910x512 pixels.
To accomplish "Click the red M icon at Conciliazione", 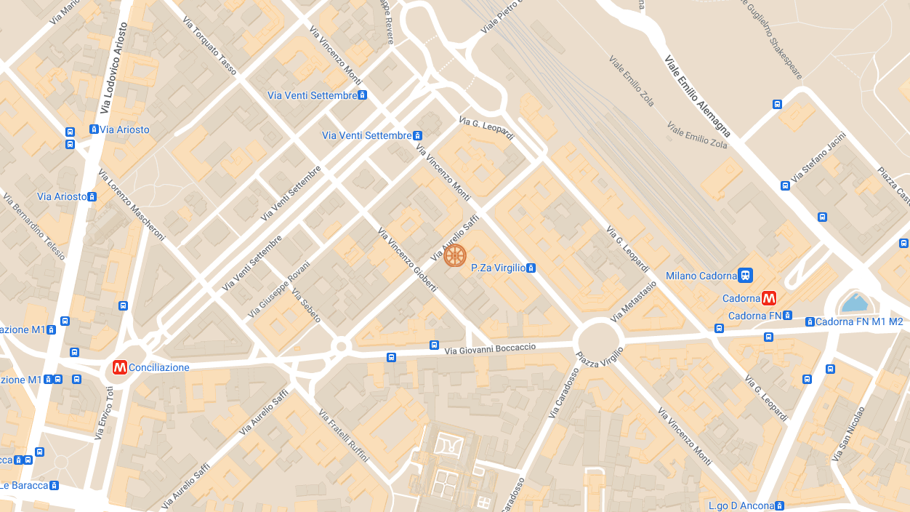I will click(120, 368).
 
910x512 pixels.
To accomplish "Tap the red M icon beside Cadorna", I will click(769, 298).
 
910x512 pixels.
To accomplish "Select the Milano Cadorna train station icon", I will click(745, 276).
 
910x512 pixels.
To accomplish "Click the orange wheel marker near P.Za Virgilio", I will click(455, 255).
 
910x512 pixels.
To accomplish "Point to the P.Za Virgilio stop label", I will click(498, 268).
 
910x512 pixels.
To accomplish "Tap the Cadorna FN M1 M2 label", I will click(858, 321).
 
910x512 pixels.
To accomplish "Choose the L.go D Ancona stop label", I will click(741, 505).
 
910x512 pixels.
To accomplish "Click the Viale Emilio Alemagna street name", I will click(698, 95).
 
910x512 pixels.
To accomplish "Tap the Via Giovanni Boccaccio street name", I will click(491, 350).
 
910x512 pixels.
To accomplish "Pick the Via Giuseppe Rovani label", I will click(278, 289).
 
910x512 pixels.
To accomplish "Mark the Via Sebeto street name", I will click(306, 305).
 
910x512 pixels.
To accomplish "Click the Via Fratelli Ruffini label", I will click(344, 435).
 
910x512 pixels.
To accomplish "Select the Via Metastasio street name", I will click(634, 301).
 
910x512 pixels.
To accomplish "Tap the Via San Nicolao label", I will click(850, 434).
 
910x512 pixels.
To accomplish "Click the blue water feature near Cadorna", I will click(854, 303).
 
